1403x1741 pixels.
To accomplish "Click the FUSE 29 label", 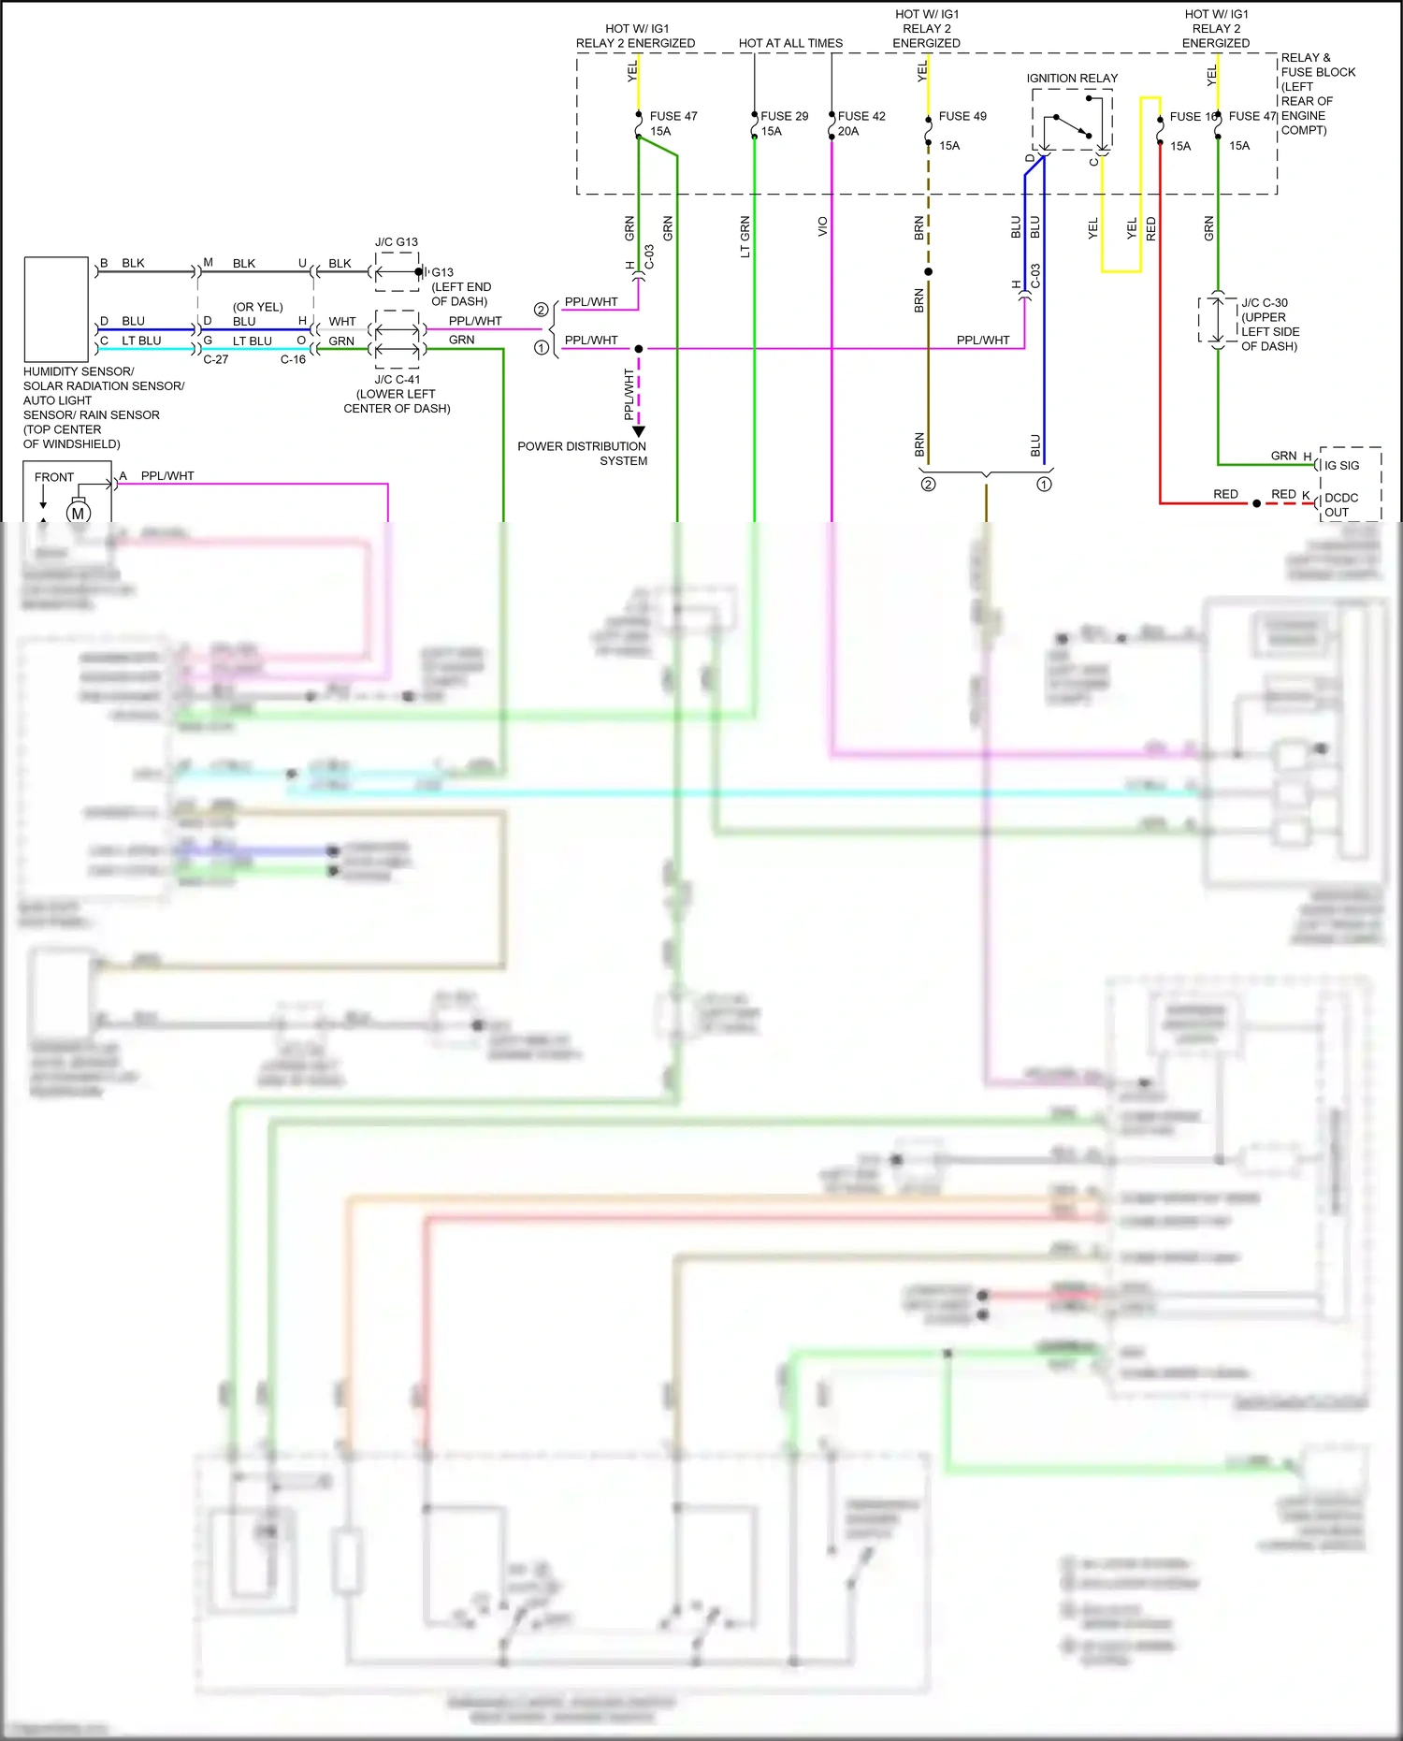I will point(784,116).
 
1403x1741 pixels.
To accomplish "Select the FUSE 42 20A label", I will point(861,123).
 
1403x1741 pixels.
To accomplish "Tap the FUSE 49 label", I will point(962,116).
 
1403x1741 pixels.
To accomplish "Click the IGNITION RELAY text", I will point(1072,79).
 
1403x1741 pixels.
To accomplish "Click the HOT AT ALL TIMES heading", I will point(790,43).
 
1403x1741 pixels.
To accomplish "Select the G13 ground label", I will point(442,272).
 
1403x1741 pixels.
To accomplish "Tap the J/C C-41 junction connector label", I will point(398,380).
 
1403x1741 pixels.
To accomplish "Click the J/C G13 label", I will point(397,242).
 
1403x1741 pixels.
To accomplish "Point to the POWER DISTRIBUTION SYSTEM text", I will point(582,454).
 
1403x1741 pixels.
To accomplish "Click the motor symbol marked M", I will point(78,513).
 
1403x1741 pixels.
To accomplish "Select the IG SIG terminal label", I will point(1341,465).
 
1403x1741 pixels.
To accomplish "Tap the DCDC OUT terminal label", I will point(1340,505).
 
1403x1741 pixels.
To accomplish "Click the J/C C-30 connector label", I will point(1265,303).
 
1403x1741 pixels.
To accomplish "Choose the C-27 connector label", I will point(216,359).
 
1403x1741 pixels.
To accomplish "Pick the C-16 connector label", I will point(293,359).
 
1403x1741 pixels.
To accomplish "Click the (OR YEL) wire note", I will point(257,307).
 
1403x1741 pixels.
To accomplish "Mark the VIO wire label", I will point(823,226).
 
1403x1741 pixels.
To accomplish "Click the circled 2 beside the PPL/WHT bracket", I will point(541,310).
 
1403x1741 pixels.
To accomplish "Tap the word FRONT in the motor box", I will point(53,477).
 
